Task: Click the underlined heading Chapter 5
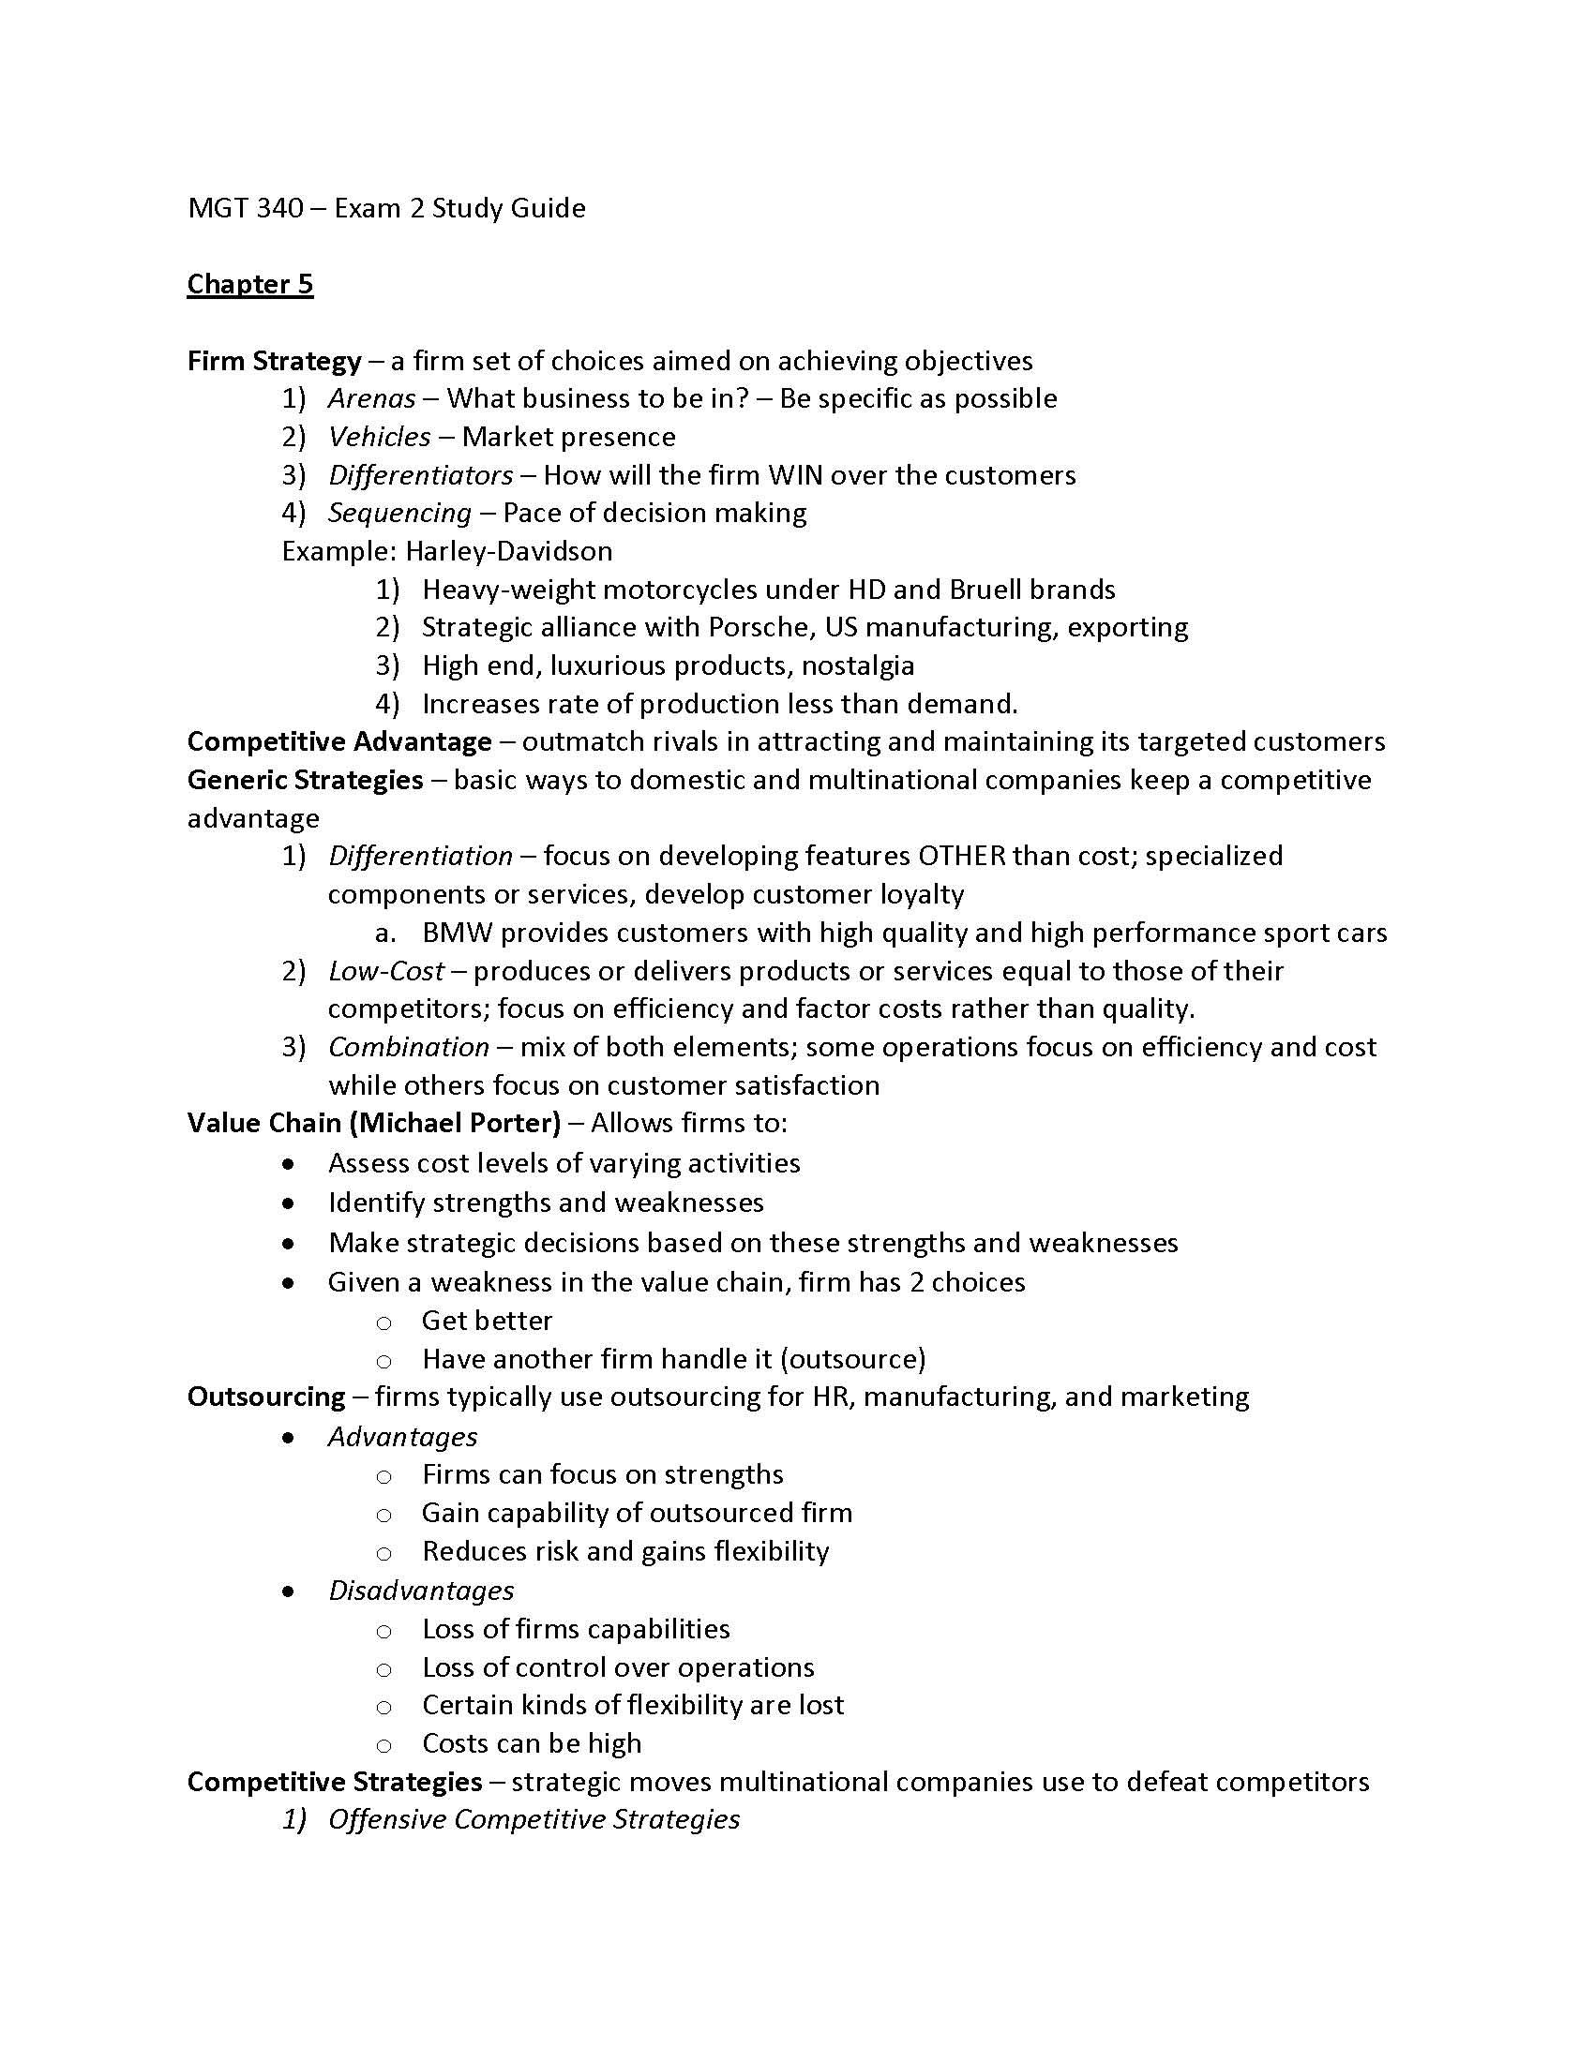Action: tap(249, 284)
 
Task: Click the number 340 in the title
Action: tap(279, 208)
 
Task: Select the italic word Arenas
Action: tap(372, 398)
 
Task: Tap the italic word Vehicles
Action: tap(380, 437)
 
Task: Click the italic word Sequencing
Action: tap(399, 513)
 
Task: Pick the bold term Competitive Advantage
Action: tap(339, 742)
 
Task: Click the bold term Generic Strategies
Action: tap(305, 780)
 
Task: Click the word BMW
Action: tap(457, 933)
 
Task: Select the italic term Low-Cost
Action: tap(386, 972)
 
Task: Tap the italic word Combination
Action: tap(409, 1047)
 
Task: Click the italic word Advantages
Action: tap(402, 1436)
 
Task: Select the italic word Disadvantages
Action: tap(421, 1590)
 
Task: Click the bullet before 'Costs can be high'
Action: tap(383, 1746)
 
